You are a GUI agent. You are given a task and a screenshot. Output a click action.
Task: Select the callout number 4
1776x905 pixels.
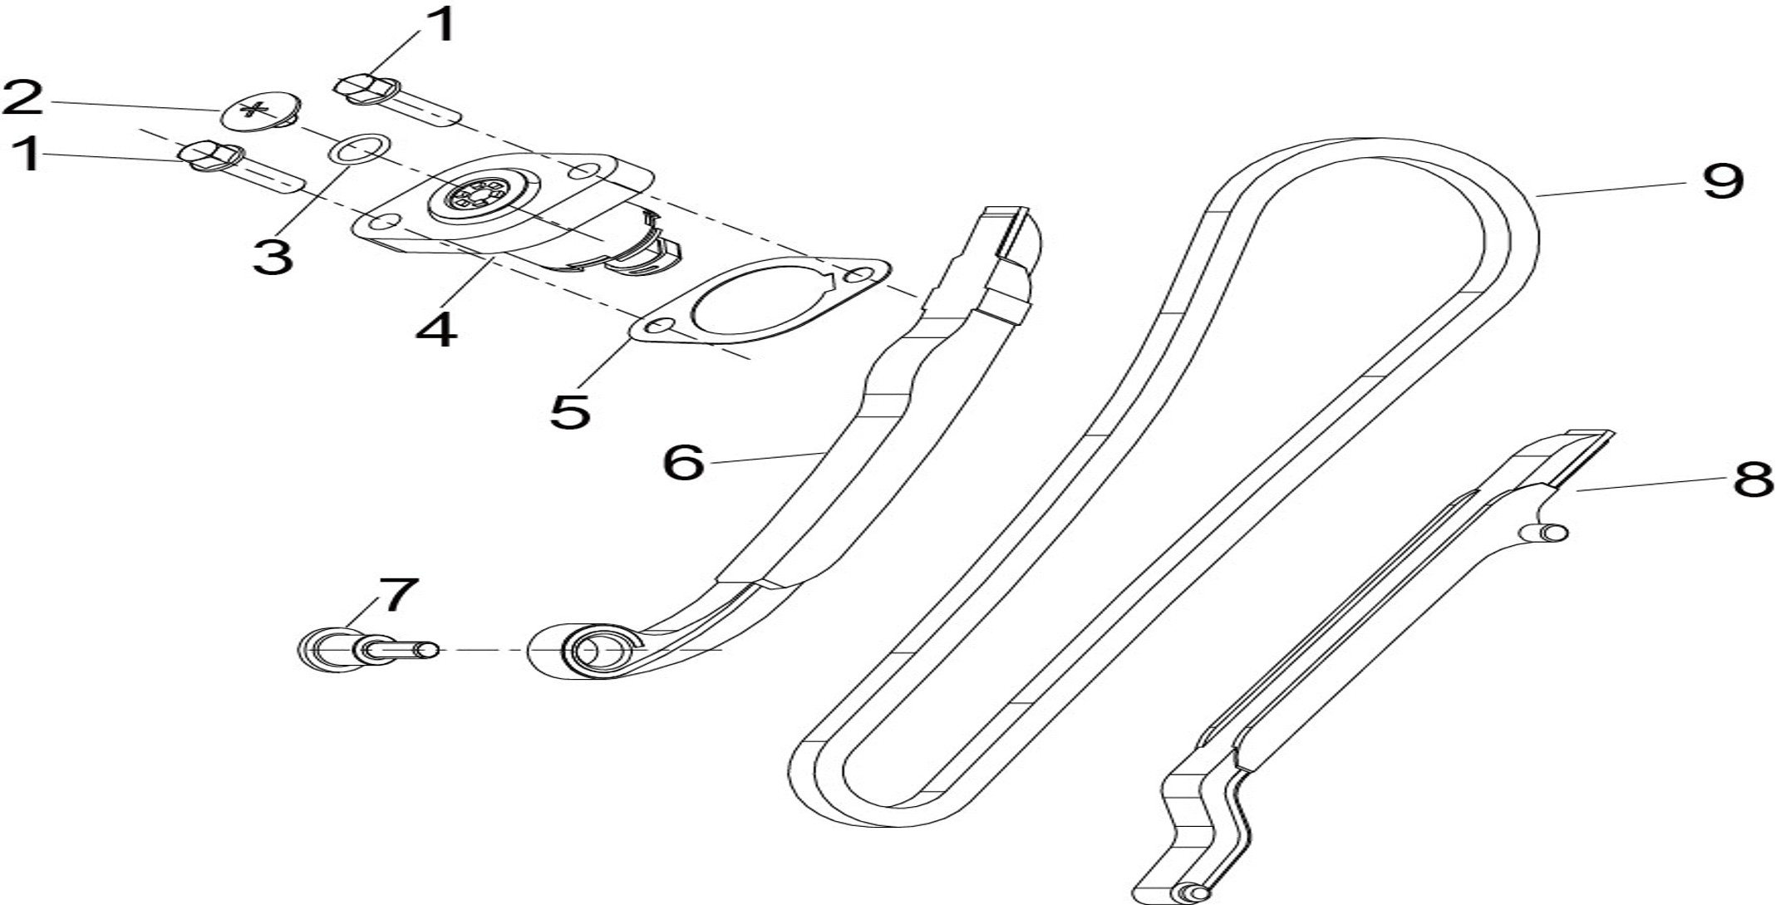coord(437,330)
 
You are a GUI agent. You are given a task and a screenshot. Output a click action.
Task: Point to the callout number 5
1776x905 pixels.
coord(571,411)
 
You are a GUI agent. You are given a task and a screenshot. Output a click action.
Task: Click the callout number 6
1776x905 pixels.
coord(683,462)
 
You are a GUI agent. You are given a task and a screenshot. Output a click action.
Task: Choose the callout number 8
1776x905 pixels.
coord(1753,480)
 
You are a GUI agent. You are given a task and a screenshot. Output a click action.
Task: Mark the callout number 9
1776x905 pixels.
coord(1723,180)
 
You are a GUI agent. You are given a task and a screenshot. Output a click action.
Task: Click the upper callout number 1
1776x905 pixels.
coord(445,24)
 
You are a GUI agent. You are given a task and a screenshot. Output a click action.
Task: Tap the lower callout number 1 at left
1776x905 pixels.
coord(29,155)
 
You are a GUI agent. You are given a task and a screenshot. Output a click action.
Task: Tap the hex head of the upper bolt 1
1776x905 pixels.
coord(367,89)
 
